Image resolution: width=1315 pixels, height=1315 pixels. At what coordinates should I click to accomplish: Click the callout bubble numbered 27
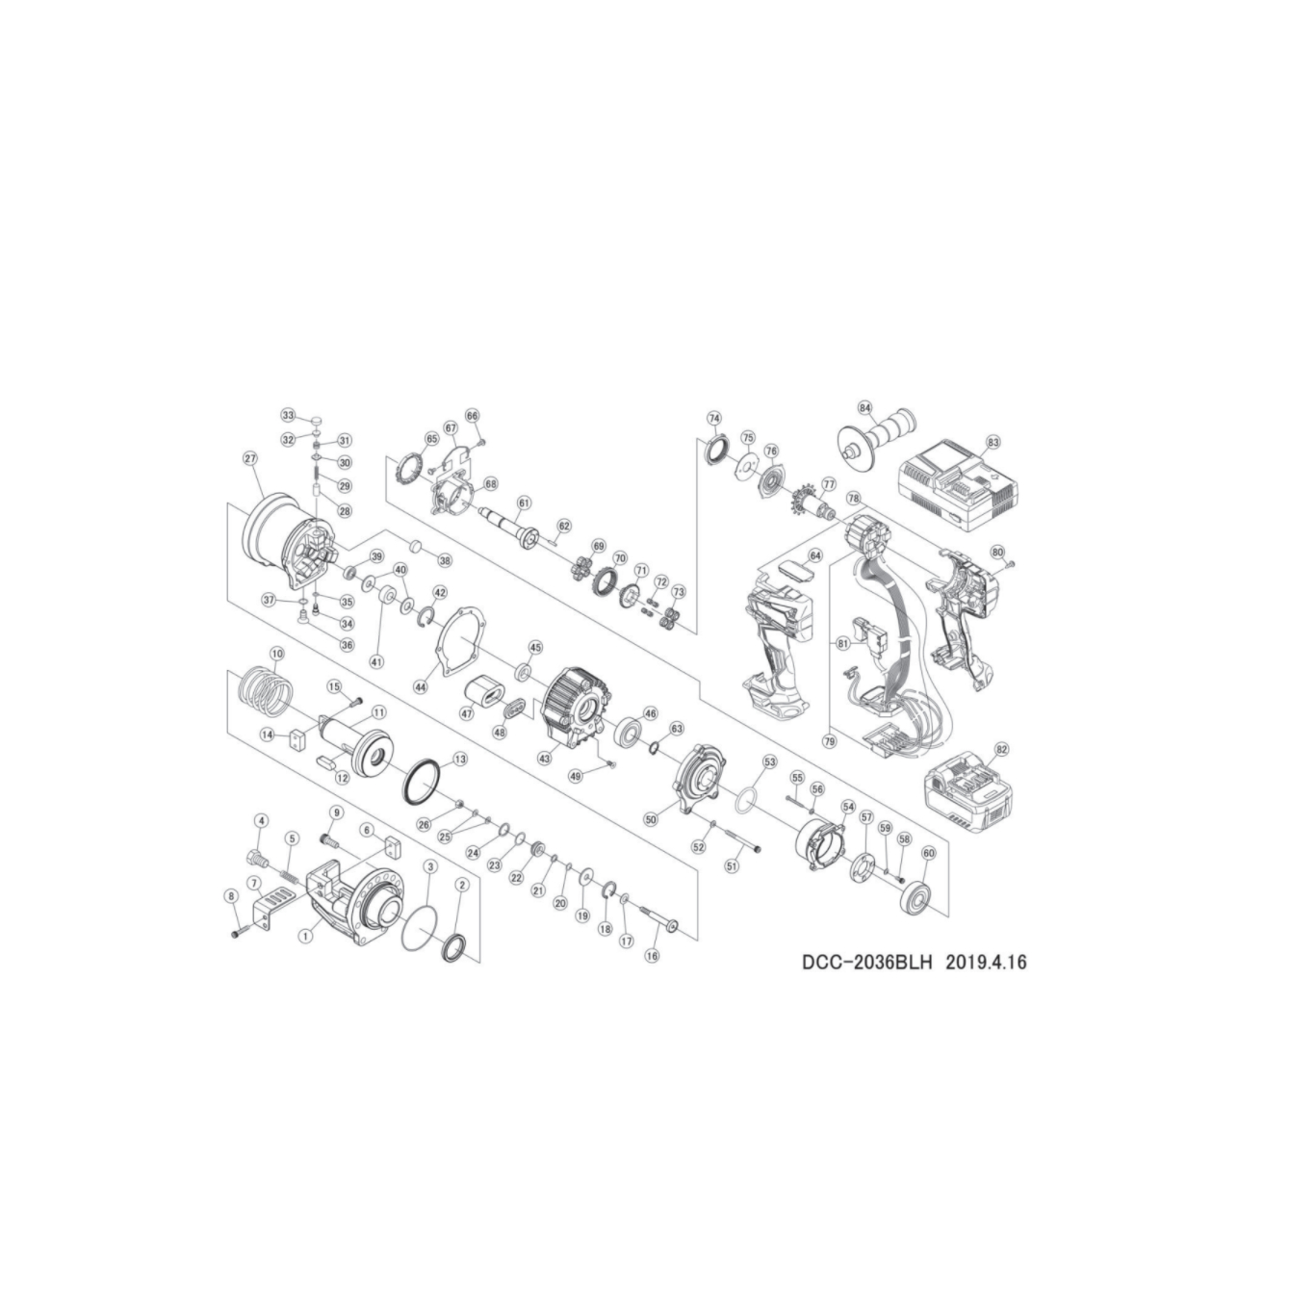[x=252, y=459]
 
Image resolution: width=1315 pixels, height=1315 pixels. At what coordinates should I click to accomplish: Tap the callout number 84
[x=864, y=408]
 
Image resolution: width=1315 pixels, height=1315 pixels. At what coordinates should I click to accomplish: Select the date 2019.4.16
[x=987, y=962]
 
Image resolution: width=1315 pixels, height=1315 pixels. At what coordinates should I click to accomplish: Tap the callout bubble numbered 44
[x=420, y=687]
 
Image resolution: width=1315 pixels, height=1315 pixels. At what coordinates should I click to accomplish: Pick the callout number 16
[x=652, y=956]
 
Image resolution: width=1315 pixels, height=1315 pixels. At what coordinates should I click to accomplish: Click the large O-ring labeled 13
[x=422, y=779]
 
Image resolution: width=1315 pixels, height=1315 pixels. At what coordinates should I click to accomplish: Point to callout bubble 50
[x=651, y=819]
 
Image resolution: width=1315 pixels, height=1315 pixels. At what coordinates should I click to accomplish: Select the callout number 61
[x=524, y=503]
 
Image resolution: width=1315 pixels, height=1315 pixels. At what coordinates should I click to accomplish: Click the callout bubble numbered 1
[x=305, y=934]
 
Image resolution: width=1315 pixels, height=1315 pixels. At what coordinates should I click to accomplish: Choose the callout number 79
[x=830, y=741]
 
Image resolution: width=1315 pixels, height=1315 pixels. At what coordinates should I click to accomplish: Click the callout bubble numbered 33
[x=288, y=415]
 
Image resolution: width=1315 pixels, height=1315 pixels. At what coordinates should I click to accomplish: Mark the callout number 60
[x=928, y=853]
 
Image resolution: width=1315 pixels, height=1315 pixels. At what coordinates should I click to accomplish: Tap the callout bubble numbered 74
[x=713, y=419]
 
